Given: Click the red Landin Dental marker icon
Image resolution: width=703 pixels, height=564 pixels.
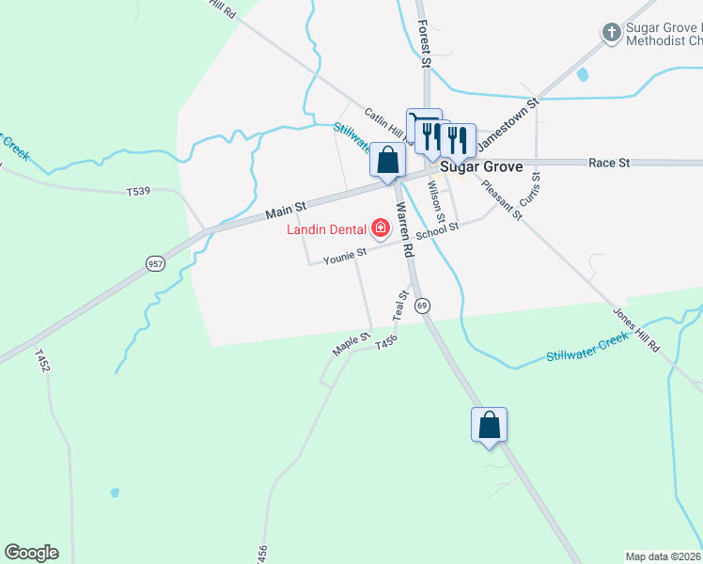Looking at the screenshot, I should pos(381,227).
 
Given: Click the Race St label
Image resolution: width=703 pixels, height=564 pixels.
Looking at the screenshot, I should pos(608,163).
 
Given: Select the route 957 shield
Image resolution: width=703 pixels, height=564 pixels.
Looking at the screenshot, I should pos(155,264).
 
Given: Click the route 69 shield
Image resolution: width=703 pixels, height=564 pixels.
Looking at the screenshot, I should pos(423,305).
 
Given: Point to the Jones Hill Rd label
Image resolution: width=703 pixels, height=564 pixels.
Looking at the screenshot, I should pos(637,329).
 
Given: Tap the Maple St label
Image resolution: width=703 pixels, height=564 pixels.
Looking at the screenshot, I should pos(346,343).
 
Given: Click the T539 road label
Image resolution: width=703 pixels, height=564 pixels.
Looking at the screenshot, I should pos(138,192).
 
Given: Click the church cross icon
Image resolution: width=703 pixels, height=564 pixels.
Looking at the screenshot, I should pos(611,33).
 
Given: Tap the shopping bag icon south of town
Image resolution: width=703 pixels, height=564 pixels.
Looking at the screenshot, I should pos(489,425).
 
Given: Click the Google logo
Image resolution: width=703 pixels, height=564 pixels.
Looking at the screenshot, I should pos(31,553).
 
